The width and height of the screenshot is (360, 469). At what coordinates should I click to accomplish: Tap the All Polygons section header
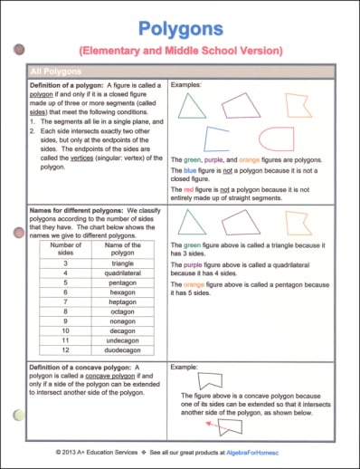click(x=56, y=70)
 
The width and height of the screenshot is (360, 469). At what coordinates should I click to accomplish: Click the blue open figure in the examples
click(x=216, y=139)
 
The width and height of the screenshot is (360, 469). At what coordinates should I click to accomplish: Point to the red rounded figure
click(x=275, y=139)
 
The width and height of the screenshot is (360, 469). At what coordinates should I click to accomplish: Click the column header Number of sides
click(x=65, y=250)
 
